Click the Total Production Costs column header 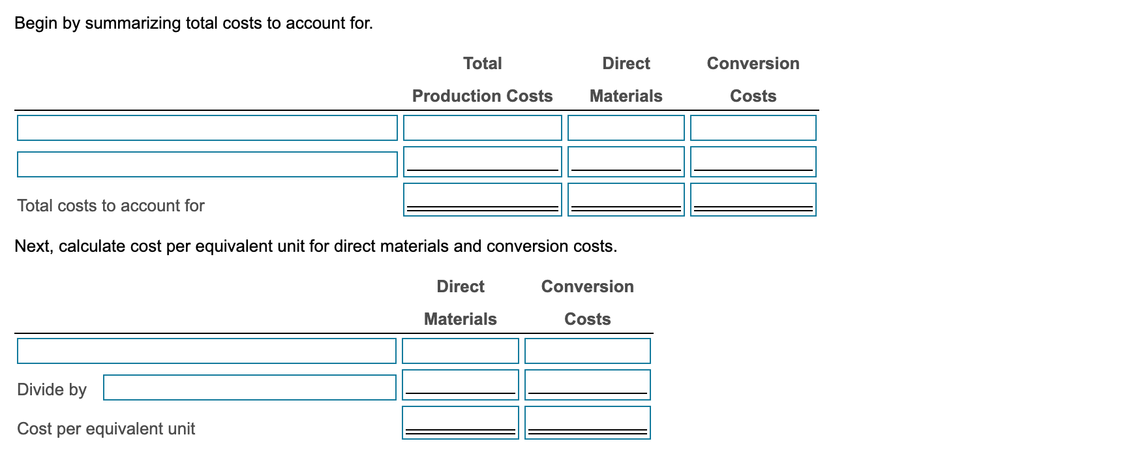click(482, 80)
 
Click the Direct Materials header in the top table click(626, 80)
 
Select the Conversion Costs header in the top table click(753, 80)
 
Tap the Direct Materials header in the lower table click(460, 303)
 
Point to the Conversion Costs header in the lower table click(587, 303)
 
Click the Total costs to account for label click(111, 205)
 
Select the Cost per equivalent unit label click(106, 429)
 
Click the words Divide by click(52, 389)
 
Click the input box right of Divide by click(249, 387)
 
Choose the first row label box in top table click(207, 128)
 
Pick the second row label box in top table click(207, 164)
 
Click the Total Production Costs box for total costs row click(482, 199)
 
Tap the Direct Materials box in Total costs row click(626, 199)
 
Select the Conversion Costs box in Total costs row click(753, 199)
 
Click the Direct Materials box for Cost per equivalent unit click(460, 422)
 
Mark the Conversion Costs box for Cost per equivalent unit click(587, 422)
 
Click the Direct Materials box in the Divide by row click(460, 385)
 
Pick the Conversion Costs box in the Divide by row click(587, 385)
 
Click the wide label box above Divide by click(206, 351)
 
